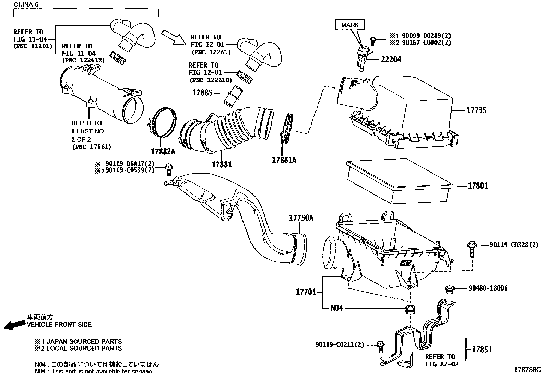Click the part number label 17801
point(478,186)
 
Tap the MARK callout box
point(350,25)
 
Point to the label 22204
point(391,60)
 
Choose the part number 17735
point(476,110)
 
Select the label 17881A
point(284,160)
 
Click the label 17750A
point(301,218)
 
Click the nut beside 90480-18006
point(450,290)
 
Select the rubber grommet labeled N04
point(410,308)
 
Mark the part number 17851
point(482,350)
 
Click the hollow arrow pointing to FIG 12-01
point(173,37)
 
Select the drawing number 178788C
point(527,370)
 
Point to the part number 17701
point(306,292)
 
